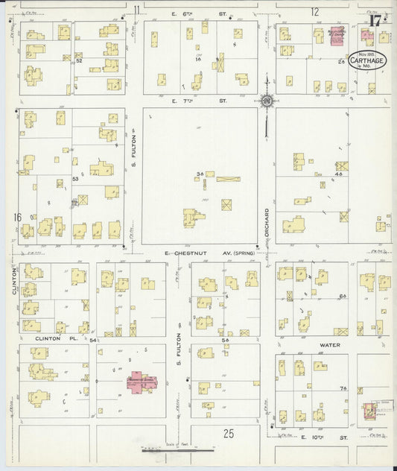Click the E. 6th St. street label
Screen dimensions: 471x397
(x=198, y=14)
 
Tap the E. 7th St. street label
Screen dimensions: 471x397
(x=198, y=100)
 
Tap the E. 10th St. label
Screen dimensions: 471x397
(x=325, y=440)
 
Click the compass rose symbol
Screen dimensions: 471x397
(x=266, y=100)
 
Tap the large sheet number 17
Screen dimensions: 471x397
(x=374, y=19)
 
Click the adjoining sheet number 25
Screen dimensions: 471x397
(x=229, y=432)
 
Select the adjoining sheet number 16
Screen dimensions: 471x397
(x=16, y=217)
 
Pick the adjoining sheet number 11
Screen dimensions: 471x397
(x=136, y=10)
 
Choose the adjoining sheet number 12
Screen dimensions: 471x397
(x=315, y=11)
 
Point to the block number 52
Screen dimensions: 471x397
(x=78, y=61)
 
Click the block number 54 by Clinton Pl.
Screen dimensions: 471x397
(x=92, y=340)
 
